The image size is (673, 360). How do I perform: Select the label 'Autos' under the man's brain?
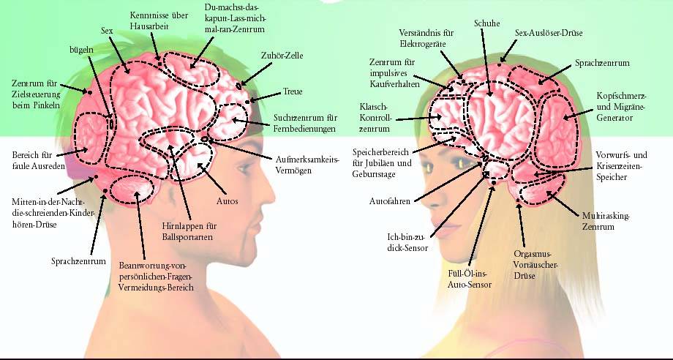click(x=227, y=200)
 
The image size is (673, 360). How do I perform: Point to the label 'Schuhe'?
click(x=486, y=23)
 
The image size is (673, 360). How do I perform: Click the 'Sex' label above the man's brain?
click(x=107, y=31)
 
